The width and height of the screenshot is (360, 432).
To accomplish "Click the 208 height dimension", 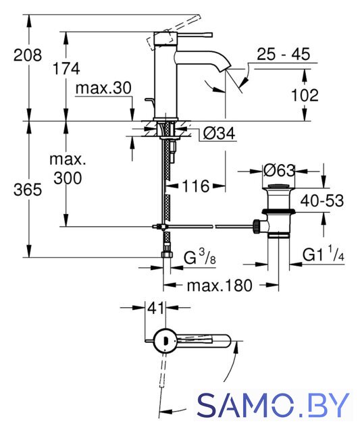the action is pos(28,55).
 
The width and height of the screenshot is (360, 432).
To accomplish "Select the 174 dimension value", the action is pos(66,68).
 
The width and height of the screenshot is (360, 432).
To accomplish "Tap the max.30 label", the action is pos(103,88).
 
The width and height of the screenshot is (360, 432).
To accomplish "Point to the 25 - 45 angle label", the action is pos(284,54).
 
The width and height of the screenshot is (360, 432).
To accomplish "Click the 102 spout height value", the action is pos(305,95).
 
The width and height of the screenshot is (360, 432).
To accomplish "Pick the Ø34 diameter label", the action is pos(219,134).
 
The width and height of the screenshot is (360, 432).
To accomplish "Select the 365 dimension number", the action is pos(28,190).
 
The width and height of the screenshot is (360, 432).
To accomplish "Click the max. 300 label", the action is pos(68,169).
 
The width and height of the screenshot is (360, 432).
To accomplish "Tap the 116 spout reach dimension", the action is pos(195,186).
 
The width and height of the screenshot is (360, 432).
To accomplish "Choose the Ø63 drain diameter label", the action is pos(279,171).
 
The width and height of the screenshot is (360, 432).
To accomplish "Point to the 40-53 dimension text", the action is pos(322,200).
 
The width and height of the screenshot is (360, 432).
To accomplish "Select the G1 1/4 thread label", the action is pos(324,254).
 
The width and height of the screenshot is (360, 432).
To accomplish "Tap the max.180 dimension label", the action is pos(220,286).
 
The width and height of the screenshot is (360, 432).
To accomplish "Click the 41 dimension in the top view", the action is pos(156,308).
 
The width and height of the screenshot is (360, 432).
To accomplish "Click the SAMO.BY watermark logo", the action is pos(273,405).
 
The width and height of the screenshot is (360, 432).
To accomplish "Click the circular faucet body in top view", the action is pos(165,340).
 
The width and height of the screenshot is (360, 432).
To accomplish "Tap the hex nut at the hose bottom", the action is pos(167,254).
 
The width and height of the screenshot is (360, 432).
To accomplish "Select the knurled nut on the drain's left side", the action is pos(256,226).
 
